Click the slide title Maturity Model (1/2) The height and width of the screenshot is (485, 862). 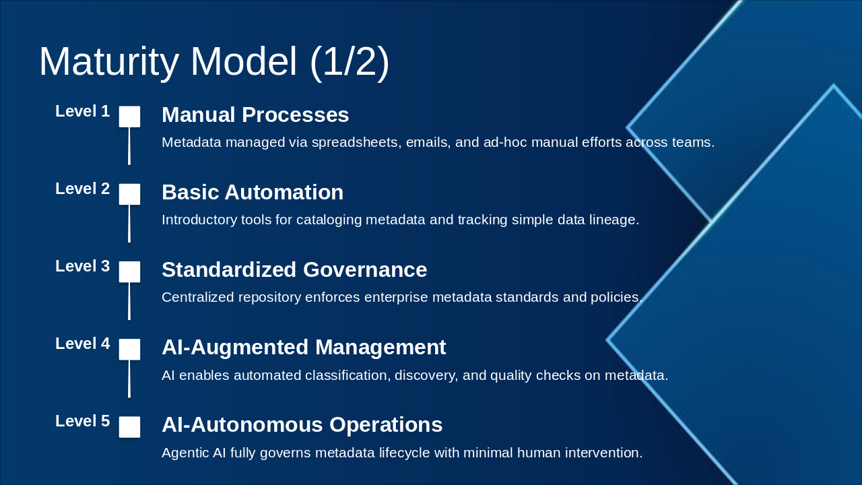[214, 62]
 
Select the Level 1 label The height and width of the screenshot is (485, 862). [82, 112]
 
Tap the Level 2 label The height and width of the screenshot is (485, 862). [82, 189]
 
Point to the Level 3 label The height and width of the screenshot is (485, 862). [82, 267]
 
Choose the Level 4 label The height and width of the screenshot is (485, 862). [82, 344]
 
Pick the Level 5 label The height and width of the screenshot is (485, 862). [82, 422]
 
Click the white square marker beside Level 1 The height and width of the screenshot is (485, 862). [129, 117]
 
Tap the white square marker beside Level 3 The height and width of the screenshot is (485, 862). [129, 271]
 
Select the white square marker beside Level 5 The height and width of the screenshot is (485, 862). [129, 426]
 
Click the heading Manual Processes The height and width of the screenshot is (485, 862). [255, 115]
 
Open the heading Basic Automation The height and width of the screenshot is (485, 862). [253, 193]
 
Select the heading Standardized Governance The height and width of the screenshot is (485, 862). [294, 270]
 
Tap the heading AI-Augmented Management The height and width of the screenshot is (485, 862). [304, 348]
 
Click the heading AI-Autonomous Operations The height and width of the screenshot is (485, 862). [302, 425]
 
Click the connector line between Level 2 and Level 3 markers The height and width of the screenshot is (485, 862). [129, 224]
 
